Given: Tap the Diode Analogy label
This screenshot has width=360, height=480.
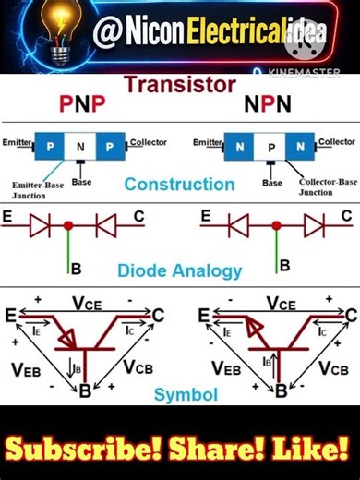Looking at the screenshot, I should click(179, 271).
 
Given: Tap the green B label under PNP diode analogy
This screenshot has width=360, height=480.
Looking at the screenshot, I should click(76, 269).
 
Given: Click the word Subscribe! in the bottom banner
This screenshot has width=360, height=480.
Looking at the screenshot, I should click(88, 451).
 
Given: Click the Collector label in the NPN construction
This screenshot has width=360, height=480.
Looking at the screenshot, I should click(336, 142).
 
